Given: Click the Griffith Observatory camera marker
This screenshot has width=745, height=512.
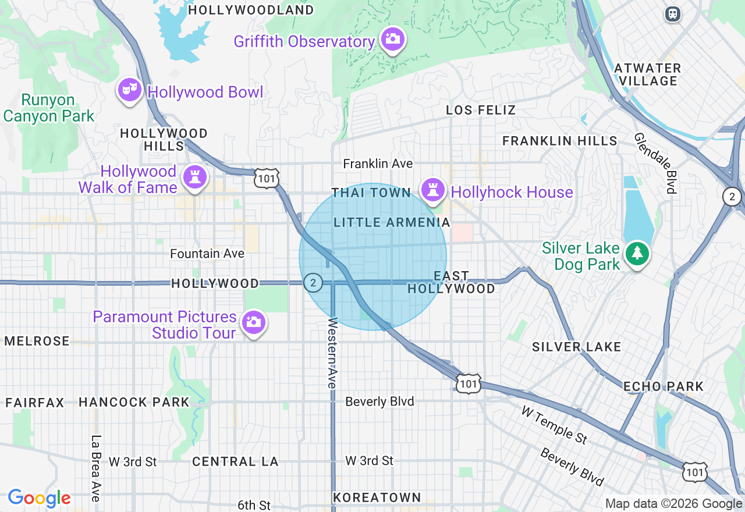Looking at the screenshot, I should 393,39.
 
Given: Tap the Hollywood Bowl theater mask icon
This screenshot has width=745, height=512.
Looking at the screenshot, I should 129,90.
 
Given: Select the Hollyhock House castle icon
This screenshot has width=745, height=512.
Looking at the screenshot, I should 432,190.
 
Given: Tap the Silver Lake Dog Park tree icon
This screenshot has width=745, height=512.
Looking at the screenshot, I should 638,254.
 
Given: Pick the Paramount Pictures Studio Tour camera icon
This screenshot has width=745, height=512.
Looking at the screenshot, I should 253,322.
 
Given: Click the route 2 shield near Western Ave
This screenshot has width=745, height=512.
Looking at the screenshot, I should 313,283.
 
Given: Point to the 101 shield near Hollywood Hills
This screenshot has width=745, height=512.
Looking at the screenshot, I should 267,178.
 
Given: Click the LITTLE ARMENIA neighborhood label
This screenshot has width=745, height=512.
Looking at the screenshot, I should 392,222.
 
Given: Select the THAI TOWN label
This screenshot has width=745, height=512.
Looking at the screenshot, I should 371,193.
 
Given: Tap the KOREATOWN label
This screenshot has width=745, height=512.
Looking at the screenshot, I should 377,497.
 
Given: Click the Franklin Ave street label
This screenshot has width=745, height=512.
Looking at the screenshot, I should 378,164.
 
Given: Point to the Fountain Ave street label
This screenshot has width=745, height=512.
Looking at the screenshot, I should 207,254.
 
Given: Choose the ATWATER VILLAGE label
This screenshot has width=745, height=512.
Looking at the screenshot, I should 647,74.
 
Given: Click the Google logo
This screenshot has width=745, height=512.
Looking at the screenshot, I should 39,498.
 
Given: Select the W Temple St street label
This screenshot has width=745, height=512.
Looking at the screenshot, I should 554,425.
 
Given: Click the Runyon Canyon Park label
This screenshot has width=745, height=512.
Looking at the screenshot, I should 48,108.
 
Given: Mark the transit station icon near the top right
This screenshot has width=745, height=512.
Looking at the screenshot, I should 673,13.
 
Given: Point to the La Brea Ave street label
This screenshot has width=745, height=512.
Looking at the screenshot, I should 96,468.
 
